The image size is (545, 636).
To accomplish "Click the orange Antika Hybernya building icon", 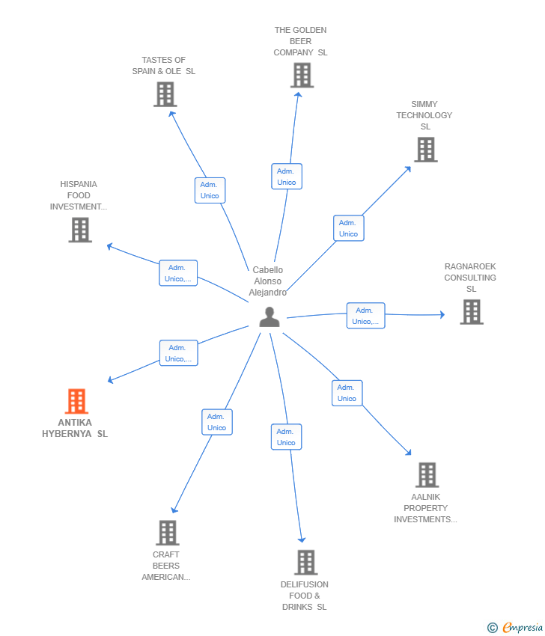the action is coord(76,401).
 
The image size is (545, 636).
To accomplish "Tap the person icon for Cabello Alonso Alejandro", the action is coord(270,317).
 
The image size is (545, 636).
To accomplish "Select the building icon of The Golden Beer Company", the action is coord(302,75).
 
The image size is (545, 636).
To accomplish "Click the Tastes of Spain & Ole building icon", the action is coord(165,94).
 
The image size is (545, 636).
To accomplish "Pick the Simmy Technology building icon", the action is coord(426,149).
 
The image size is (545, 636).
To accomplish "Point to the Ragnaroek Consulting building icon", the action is coord(472,312).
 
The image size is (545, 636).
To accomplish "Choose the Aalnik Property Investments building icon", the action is coord(427,474).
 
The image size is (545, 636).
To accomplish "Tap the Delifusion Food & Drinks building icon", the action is coord(306,562).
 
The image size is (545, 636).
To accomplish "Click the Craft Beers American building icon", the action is coord(168,533).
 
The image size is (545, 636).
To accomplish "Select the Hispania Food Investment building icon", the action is coord(80,230).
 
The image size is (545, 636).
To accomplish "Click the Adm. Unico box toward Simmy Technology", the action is coord(349,228).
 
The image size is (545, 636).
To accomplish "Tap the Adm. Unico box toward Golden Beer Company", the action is coord(287,177).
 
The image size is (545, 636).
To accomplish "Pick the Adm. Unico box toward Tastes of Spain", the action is coord(210,190).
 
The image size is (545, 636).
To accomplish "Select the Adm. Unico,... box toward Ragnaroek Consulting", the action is coord(365,316).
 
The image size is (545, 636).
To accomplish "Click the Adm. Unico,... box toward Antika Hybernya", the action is coord(179,353).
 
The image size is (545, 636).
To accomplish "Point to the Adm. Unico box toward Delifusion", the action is coord(286,437).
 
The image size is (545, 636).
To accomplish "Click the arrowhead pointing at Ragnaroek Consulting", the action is coord(442,314).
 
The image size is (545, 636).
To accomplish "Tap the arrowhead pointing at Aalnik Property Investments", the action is coord(408,452).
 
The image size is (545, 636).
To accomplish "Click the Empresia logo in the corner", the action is coord(515,628).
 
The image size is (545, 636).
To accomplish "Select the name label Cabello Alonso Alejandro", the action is coord(267,281).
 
